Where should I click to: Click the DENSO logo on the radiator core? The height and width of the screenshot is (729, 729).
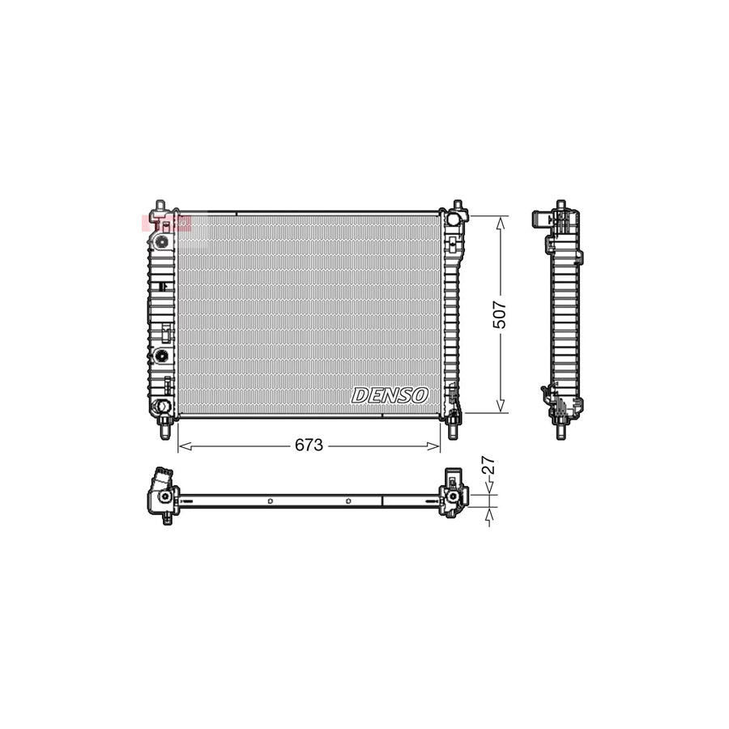point(390,395)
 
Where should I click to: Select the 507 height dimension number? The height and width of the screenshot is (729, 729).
point(500,313)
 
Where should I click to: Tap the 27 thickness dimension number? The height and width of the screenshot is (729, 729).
point(488,467)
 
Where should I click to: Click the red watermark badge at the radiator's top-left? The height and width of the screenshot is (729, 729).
point(166,223)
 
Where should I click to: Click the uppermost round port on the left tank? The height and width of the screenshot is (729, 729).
point(162,241)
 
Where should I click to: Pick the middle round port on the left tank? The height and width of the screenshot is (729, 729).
point(162,356)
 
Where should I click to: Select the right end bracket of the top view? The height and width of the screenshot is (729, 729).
point(453,493)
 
